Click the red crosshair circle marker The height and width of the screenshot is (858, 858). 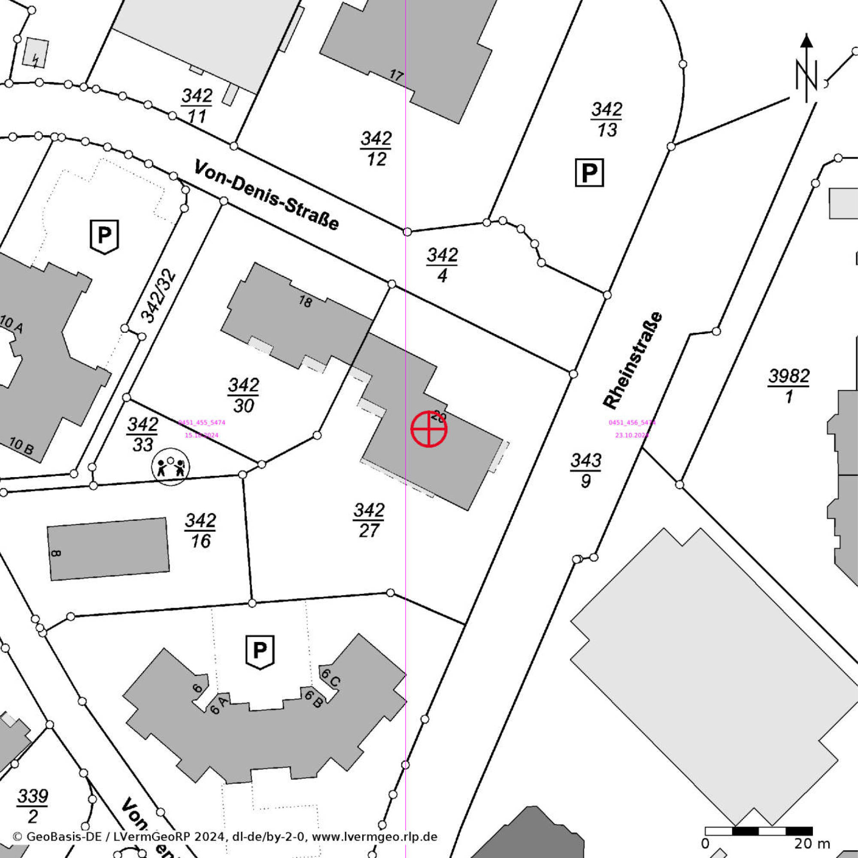click(428, 429)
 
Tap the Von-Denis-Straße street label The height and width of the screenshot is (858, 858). click(267, 195)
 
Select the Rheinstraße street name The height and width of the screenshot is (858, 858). click(633, 360)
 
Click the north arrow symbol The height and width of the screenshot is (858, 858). click(806, 71)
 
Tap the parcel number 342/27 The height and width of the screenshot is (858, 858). click(369, 520)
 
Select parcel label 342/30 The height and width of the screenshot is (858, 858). click(243, 395)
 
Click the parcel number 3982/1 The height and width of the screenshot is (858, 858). click(789, 386)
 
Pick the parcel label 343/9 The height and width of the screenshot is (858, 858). click(586, 470)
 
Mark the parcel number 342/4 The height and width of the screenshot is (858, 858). click(443, 265)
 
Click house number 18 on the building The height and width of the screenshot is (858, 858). click(305, 302)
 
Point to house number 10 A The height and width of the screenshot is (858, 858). click(11, 324)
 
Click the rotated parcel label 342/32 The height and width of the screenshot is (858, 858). click(158, 296)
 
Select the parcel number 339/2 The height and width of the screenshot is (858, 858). click(33, 806)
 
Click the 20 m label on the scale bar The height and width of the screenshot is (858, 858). click(812, 843)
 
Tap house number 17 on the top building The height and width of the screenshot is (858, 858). click(397, 75)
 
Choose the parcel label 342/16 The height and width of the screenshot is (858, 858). click(200, 530)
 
